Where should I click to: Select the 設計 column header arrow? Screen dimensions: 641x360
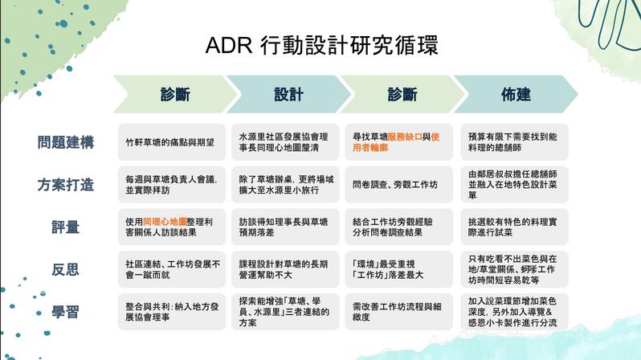tap(287, 95)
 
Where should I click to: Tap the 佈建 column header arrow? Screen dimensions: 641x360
tap(516, 95)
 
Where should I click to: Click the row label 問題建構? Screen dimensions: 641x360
tap(66, 142)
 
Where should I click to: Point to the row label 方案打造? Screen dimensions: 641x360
tap(66, 185)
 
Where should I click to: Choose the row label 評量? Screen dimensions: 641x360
tap(66, 227)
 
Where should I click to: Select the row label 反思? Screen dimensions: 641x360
tap(66, 269)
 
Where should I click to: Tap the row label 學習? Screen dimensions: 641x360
tap(66, 312)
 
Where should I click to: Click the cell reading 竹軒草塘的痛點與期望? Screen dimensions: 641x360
tap(169, 142)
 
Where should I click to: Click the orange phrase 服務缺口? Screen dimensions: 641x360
tap(408, 136)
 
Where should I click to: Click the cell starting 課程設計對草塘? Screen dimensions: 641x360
tap(284, 269)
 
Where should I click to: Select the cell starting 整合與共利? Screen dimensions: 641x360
tap(169, 312)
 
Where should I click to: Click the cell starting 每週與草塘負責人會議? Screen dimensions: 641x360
tap(169, 184)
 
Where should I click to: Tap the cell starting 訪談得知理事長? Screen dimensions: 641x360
tap(284, 227)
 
